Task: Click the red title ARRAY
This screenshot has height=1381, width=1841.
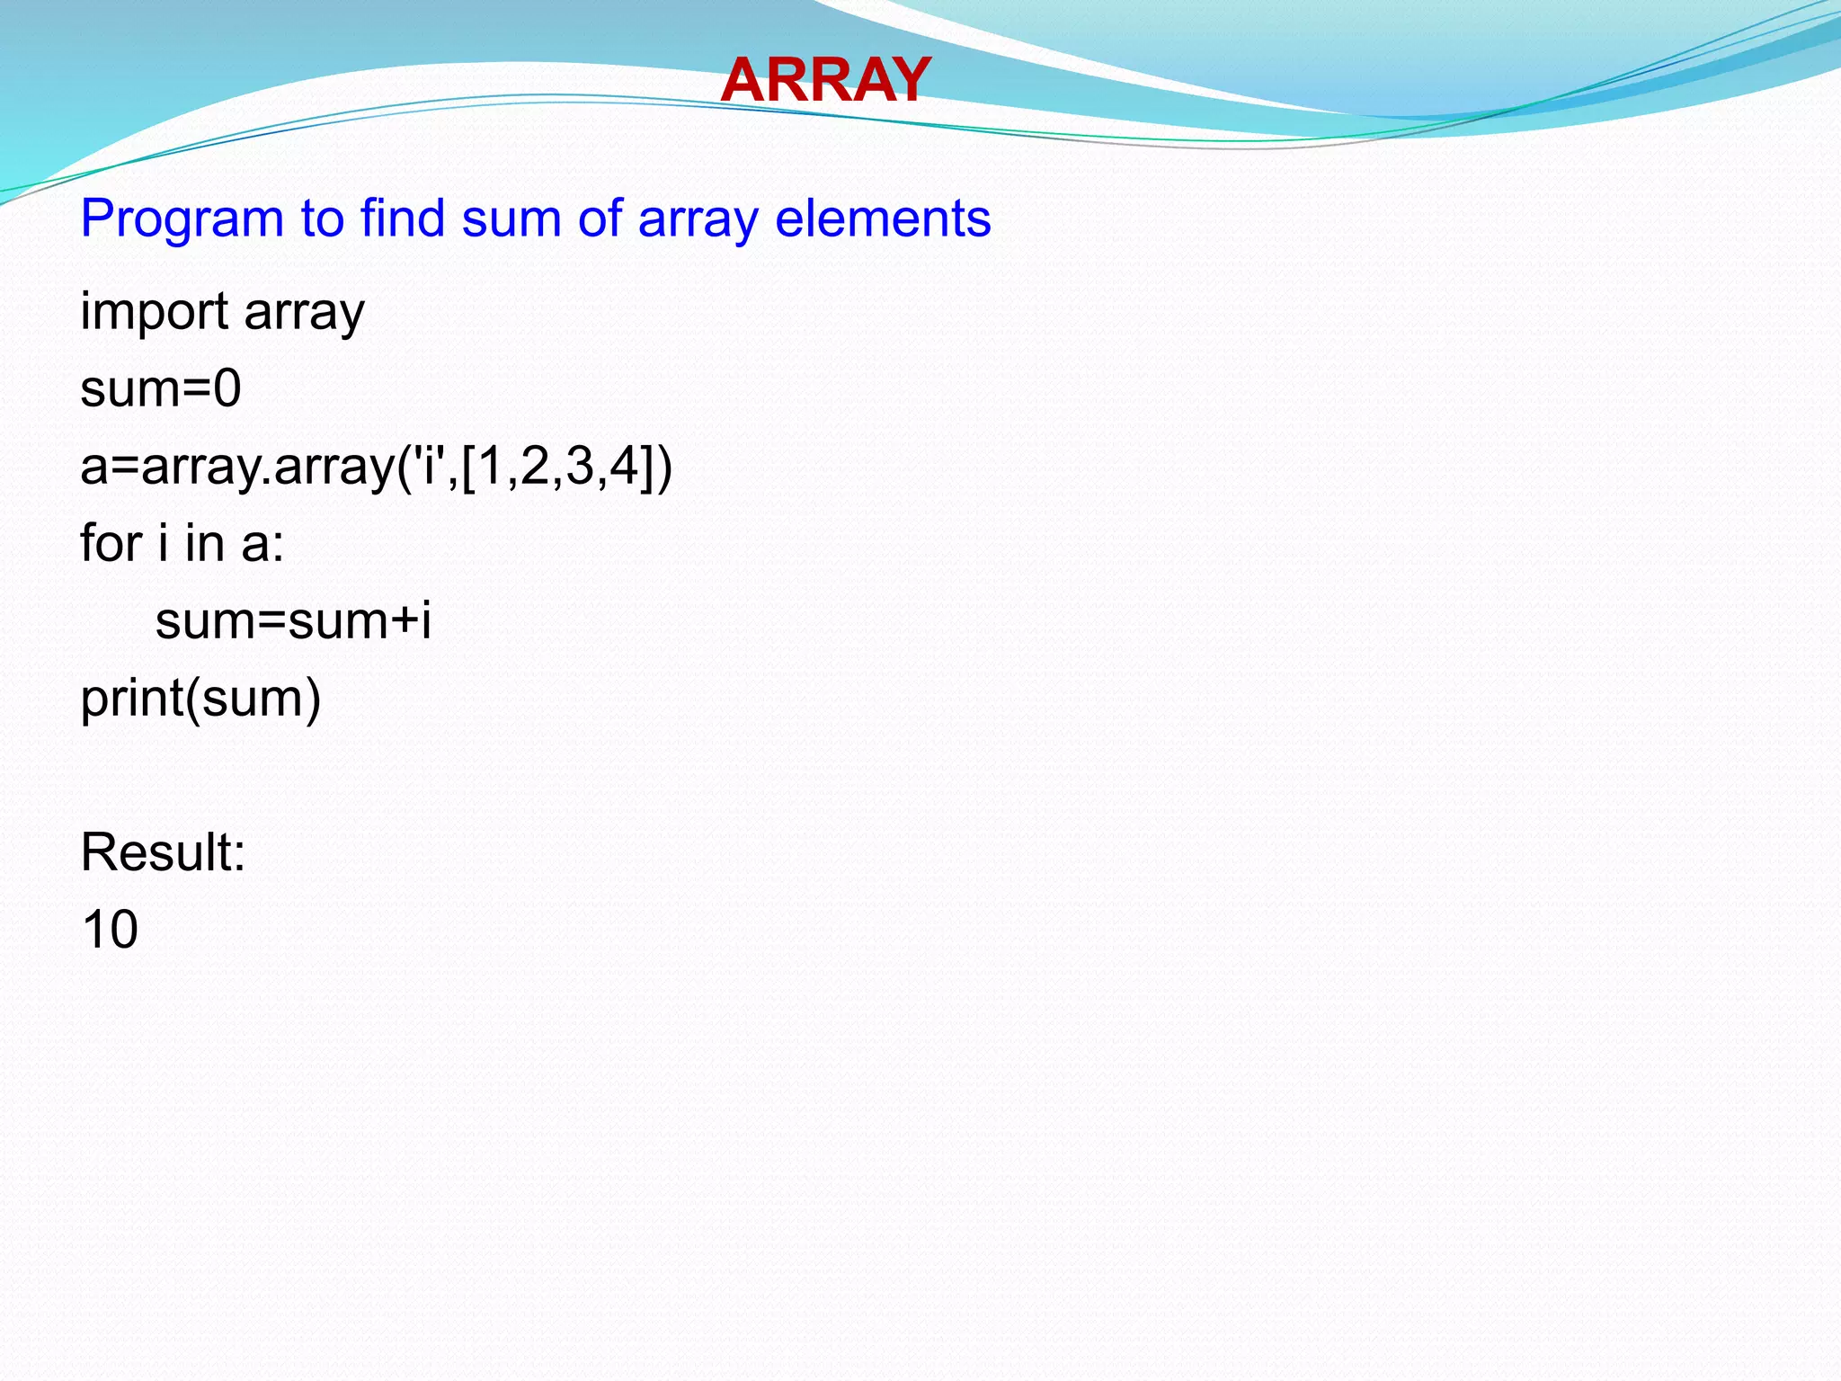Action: coord(824,80)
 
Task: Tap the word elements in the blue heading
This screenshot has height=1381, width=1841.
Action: coord(882,218)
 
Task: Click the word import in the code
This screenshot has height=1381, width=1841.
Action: coord(154,312)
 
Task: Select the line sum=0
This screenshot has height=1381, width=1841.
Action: coord(160,389)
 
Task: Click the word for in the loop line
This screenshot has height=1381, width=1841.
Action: coord(111,543)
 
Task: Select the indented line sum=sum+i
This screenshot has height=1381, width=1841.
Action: coord(293,621)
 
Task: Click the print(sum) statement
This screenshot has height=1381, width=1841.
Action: coord(200,699)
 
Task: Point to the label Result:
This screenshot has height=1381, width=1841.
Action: coord(163,852)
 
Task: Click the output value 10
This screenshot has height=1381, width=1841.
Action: coord(110,930)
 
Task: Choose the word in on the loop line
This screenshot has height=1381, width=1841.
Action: coord(204,543)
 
